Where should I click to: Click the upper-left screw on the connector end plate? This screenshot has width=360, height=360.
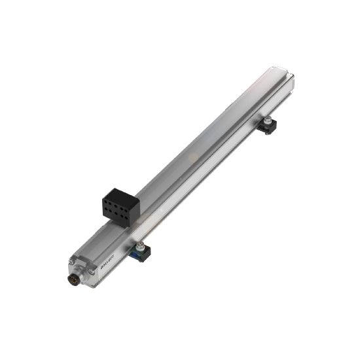(x=71, y=262)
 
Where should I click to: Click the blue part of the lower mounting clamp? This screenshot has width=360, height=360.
(x=138, y=255)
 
